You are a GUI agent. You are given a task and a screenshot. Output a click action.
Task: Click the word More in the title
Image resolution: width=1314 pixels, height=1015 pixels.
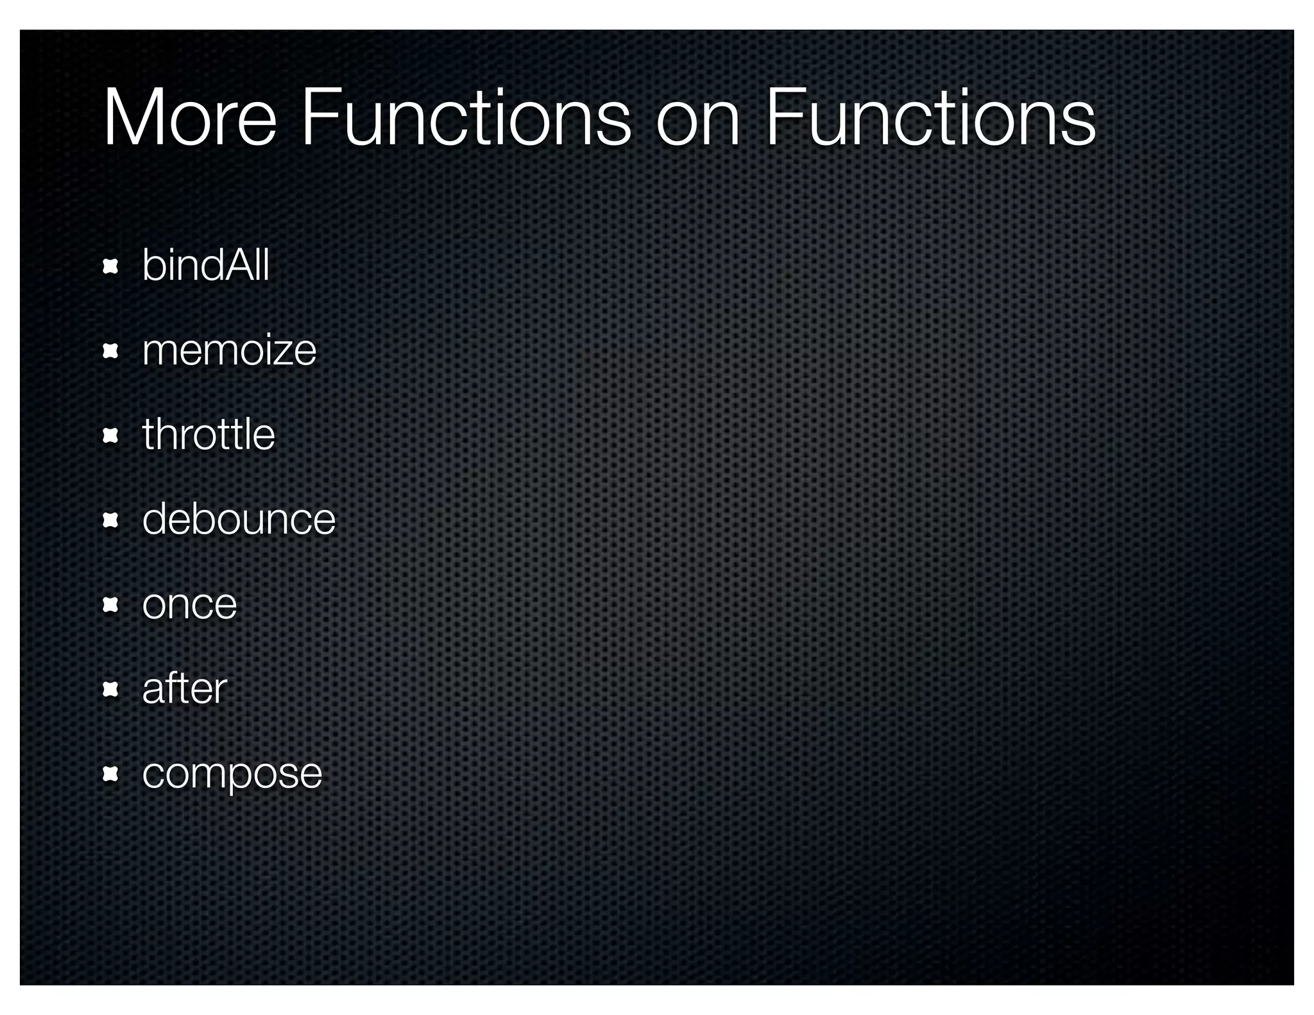click(189, 119)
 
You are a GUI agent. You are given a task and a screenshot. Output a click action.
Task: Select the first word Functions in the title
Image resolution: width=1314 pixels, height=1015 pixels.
click(465, 119)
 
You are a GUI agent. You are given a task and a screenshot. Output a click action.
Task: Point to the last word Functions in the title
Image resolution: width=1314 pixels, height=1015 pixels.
click(930, 119)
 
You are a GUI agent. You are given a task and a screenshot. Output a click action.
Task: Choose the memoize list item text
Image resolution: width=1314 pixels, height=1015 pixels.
click(229, 350)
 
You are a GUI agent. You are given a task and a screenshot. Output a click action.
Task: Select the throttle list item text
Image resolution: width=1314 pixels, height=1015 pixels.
click(209, 434)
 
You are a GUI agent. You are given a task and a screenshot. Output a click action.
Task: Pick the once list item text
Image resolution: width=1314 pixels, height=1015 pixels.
click(189, 604)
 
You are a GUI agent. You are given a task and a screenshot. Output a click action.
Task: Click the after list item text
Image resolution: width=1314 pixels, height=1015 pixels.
click(184, 688)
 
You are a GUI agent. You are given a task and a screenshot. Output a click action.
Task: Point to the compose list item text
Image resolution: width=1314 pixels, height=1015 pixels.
click(232, 774)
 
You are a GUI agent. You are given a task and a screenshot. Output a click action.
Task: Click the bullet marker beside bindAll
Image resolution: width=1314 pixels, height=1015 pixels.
click(110, 266)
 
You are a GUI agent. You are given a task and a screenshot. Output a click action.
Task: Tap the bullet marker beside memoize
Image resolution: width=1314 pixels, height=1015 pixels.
click(110, 351)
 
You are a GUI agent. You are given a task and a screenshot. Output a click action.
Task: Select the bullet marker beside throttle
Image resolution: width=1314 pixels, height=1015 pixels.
click(110, 436)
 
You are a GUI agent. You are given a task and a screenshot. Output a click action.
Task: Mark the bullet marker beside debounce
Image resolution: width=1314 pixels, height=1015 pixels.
click(110, 520)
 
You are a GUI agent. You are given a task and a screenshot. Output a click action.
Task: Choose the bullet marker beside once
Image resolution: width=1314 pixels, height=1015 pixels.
click(110, 604)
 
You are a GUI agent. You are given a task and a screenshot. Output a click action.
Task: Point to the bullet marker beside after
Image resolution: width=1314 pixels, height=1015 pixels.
click(110, 689)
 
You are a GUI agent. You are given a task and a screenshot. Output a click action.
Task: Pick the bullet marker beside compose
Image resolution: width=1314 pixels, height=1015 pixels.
click(110, 774)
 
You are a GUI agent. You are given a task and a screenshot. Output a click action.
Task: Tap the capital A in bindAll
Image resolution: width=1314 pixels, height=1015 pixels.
click(238, 264)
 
